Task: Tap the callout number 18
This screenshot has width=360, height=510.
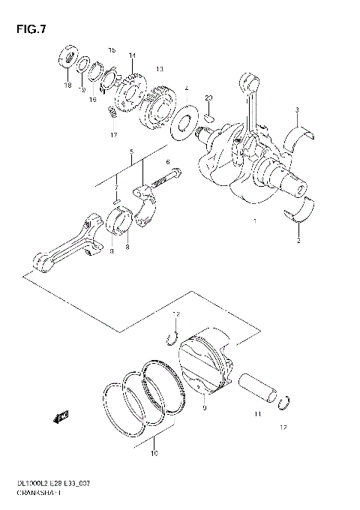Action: (x=67, y=86)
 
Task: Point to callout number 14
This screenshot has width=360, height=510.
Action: (x=132, y=55)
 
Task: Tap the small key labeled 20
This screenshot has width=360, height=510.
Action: (x=209, y=116)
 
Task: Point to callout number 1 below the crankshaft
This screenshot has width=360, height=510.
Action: (x=256, y=222)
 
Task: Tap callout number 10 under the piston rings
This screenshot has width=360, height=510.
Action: (x=154, y=453)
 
